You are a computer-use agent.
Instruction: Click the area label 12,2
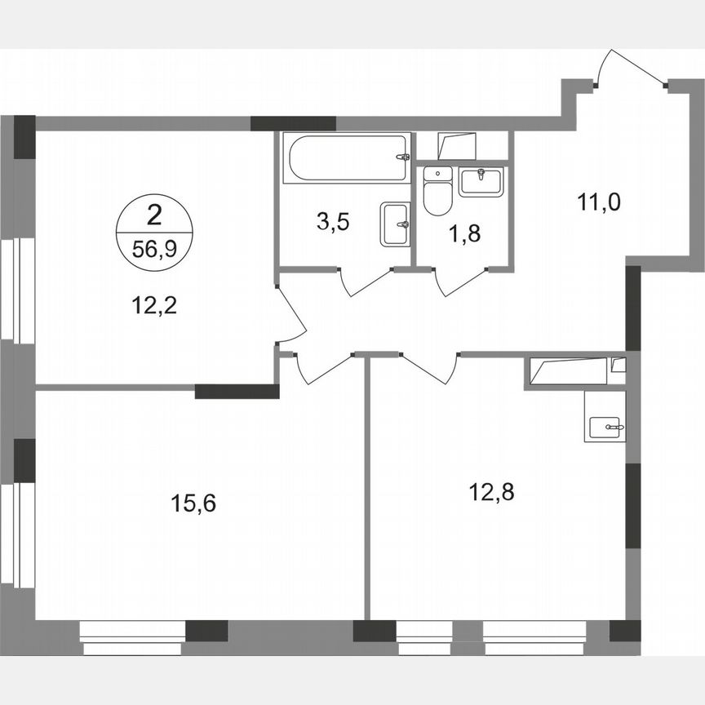(x=154, y=306)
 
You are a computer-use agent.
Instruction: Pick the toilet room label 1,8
(x=463, y=234)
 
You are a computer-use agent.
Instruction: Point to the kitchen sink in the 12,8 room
(x=605, y=423)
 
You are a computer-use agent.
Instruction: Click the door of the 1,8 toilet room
(x=460, y=280)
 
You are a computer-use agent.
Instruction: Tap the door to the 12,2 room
(x=289, y=314)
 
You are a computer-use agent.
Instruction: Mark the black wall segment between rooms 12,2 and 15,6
(x=237, y=391)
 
